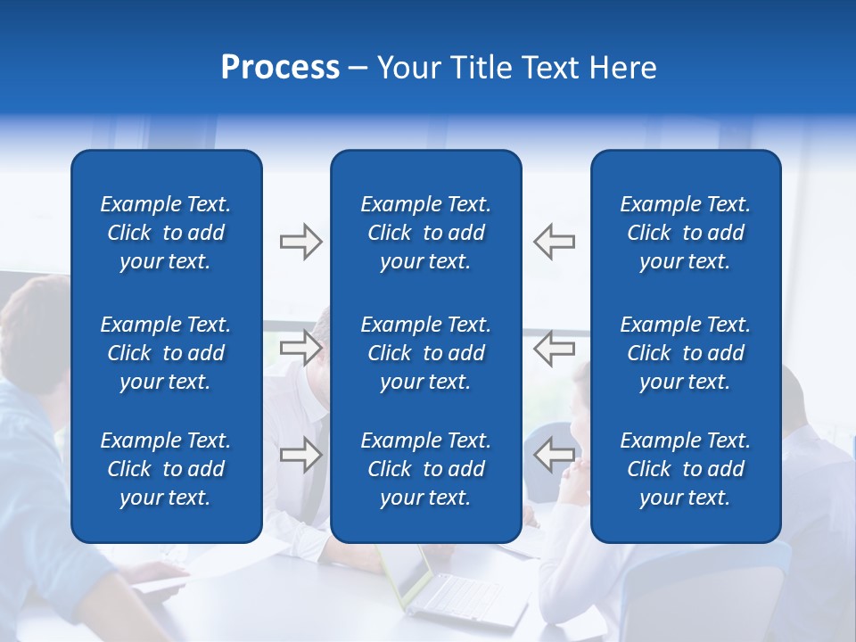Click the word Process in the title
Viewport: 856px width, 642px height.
point(280,68)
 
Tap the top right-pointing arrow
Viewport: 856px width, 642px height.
point(300,242)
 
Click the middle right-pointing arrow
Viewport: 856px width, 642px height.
point(300,348)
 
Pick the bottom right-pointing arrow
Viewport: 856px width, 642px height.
point(300,454)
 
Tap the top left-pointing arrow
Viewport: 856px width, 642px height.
point(554,242)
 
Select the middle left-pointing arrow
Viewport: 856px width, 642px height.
point(554,348)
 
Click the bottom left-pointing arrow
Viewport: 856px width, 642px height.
point(554,454)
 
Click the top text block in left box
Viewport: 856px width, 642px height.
point(166,233)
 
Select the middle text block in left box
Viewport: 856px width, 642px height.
point(166,353)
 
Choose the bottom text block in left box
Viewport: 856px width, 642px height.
point(166,469)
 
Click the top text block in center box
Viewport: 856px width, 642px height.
point(425,233)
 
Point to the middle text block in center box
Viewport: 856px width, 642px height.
point(425,353)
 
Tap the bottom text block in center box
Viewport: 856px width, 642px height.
point(425,469)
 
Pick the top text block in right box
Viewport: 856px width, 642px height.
point(685,233)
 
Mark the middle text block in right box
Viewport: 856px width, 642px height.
point(685,353)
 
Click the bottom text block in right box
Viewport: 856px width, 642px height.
point(685,469)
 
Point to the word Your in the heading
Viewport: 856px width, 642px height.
point(407,68)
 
